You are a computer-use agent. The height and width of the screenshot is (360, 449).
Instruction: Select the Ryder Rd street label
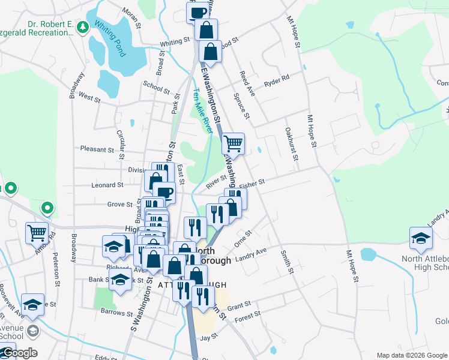point(277,79)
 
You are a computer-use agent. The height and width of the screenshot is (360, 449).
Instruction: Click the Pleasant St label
point(97,149)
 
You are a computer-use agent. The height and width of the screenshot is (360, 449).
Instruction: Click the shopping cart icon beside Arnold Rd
point(37,232)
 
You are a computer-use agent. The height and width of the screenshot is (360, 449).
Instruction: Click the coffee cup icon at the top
point(197,12)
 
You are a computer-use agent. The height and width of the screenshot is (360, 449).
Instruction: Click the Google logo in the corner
point(19,353)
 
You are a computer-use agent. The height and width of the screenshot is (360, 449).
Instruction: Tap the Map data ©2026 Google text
point(411,355)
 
